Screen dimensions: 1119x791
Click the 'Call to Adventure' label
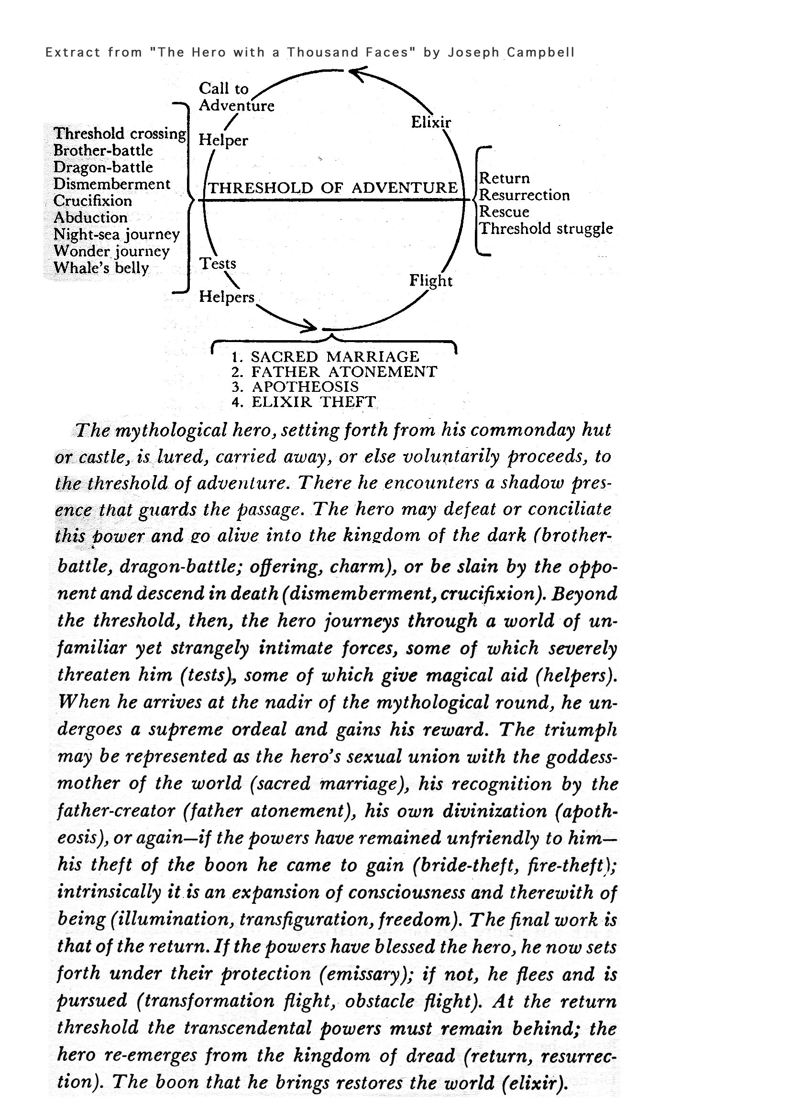coord(236,97)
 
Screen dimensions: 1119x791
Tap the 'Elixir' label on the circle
coord(430,122)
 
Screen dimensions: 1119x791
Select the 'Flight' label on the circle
coord(430,281)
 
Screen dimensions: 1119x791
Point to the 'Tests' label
coord(218,263)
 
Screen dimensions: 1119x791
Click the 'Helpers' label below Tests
coord(227,297)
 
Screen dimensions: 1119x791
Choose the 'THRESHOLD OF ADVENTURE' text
coord(333,188)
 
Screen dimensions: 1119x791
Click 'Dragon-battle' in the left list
coord(103,167)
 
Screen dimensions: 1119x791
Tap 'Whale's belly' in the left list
coord(101,268)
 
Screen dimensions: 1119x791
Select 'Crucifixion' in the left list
coord(93,201)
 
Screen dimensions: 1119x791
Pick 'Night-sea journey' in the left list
coord(116,234)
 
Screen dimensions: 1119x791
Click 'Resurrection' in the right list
coord(524,195)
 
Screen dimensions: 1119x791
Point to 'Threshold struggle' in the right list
coord(546,229)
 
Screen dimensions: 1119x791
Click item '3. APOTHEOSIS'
coord(295,387)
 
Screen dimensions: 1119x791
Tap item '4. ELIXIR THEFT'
coord(304,402)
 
